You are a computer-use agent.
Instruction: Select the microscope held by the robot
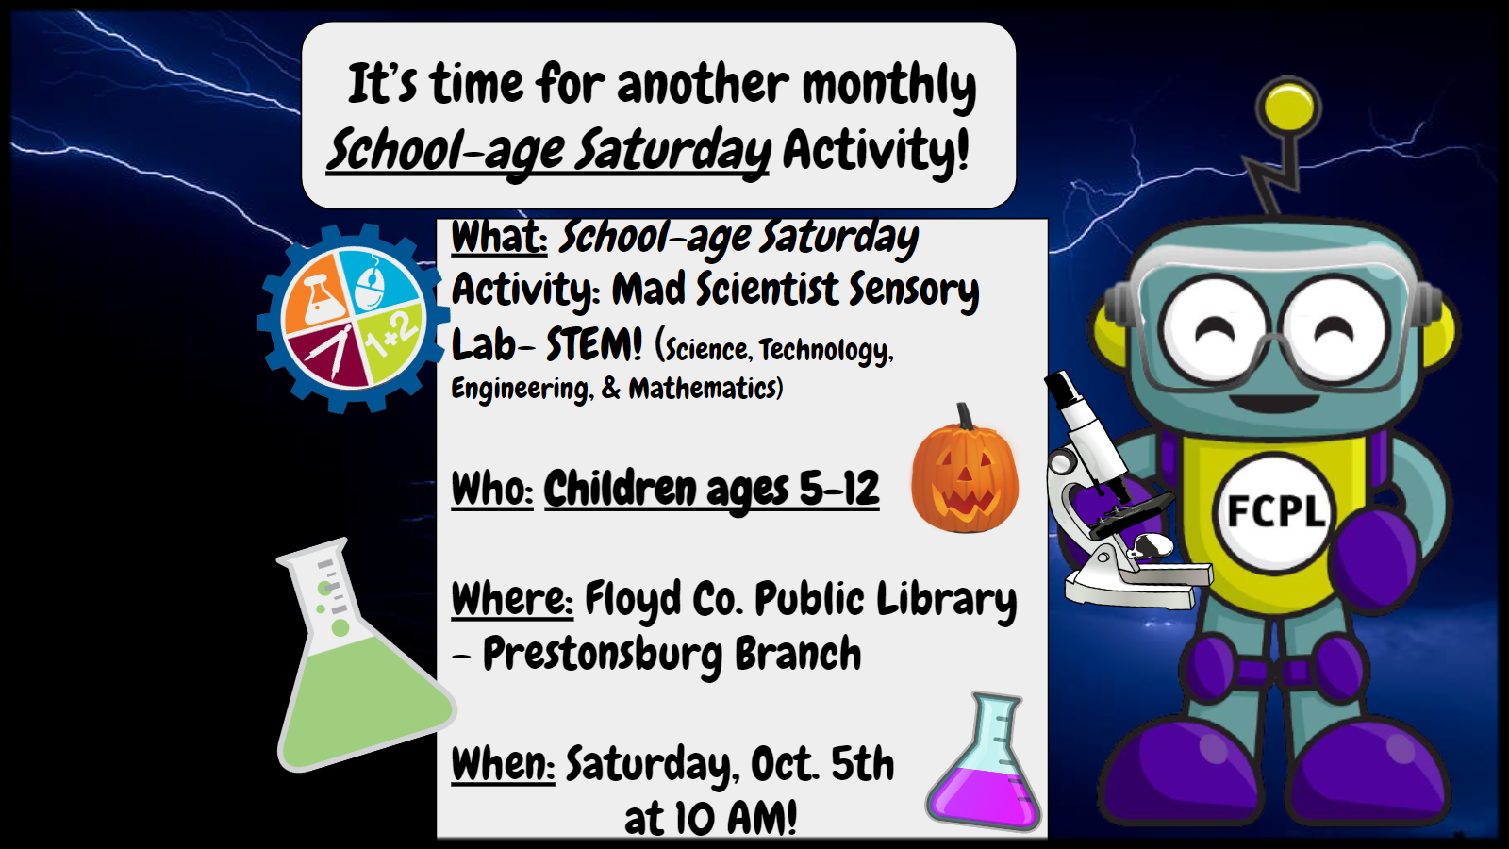(x=1119, y=491)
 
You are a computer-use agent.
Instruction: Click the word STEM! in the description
(x=594, y=345)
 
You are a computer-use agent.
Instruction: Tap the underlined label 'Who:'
(x=492, y=489)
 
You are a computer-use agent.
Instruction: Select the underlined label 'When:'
(x=503, y=764)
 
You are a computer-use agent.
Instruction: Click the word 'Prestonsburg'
(x=603, y=655)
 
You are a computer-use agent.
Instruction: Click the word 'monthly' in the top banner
(x=889, y=86)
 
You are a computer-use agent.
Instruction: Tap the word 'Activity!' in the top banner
(x=876, y=150)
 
